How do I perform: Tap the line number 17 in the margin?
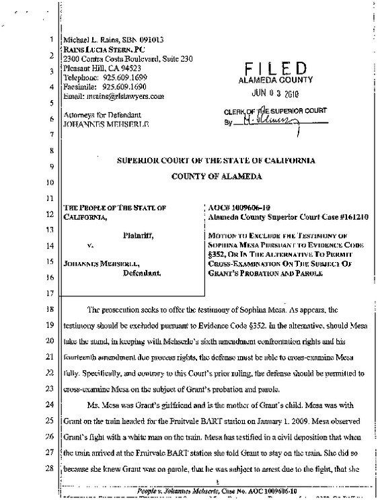pos(51,294)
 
